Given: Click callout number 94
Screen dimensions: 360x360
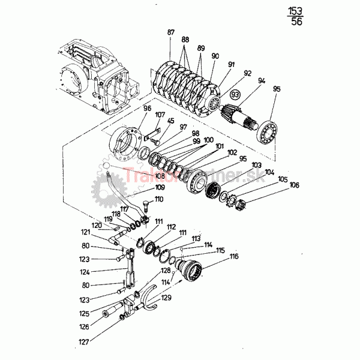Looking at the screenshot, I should (262, 80).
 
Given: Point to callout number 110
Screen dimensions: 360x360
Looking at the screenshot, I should (159, 199).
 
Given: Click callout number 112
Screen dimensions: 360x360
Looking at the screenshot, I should (172, 227).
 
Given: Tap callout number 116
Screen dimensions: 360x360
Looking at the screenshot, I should (233, 257).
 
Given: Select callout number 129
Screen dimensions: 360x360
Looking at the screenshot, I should (166, 298).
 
